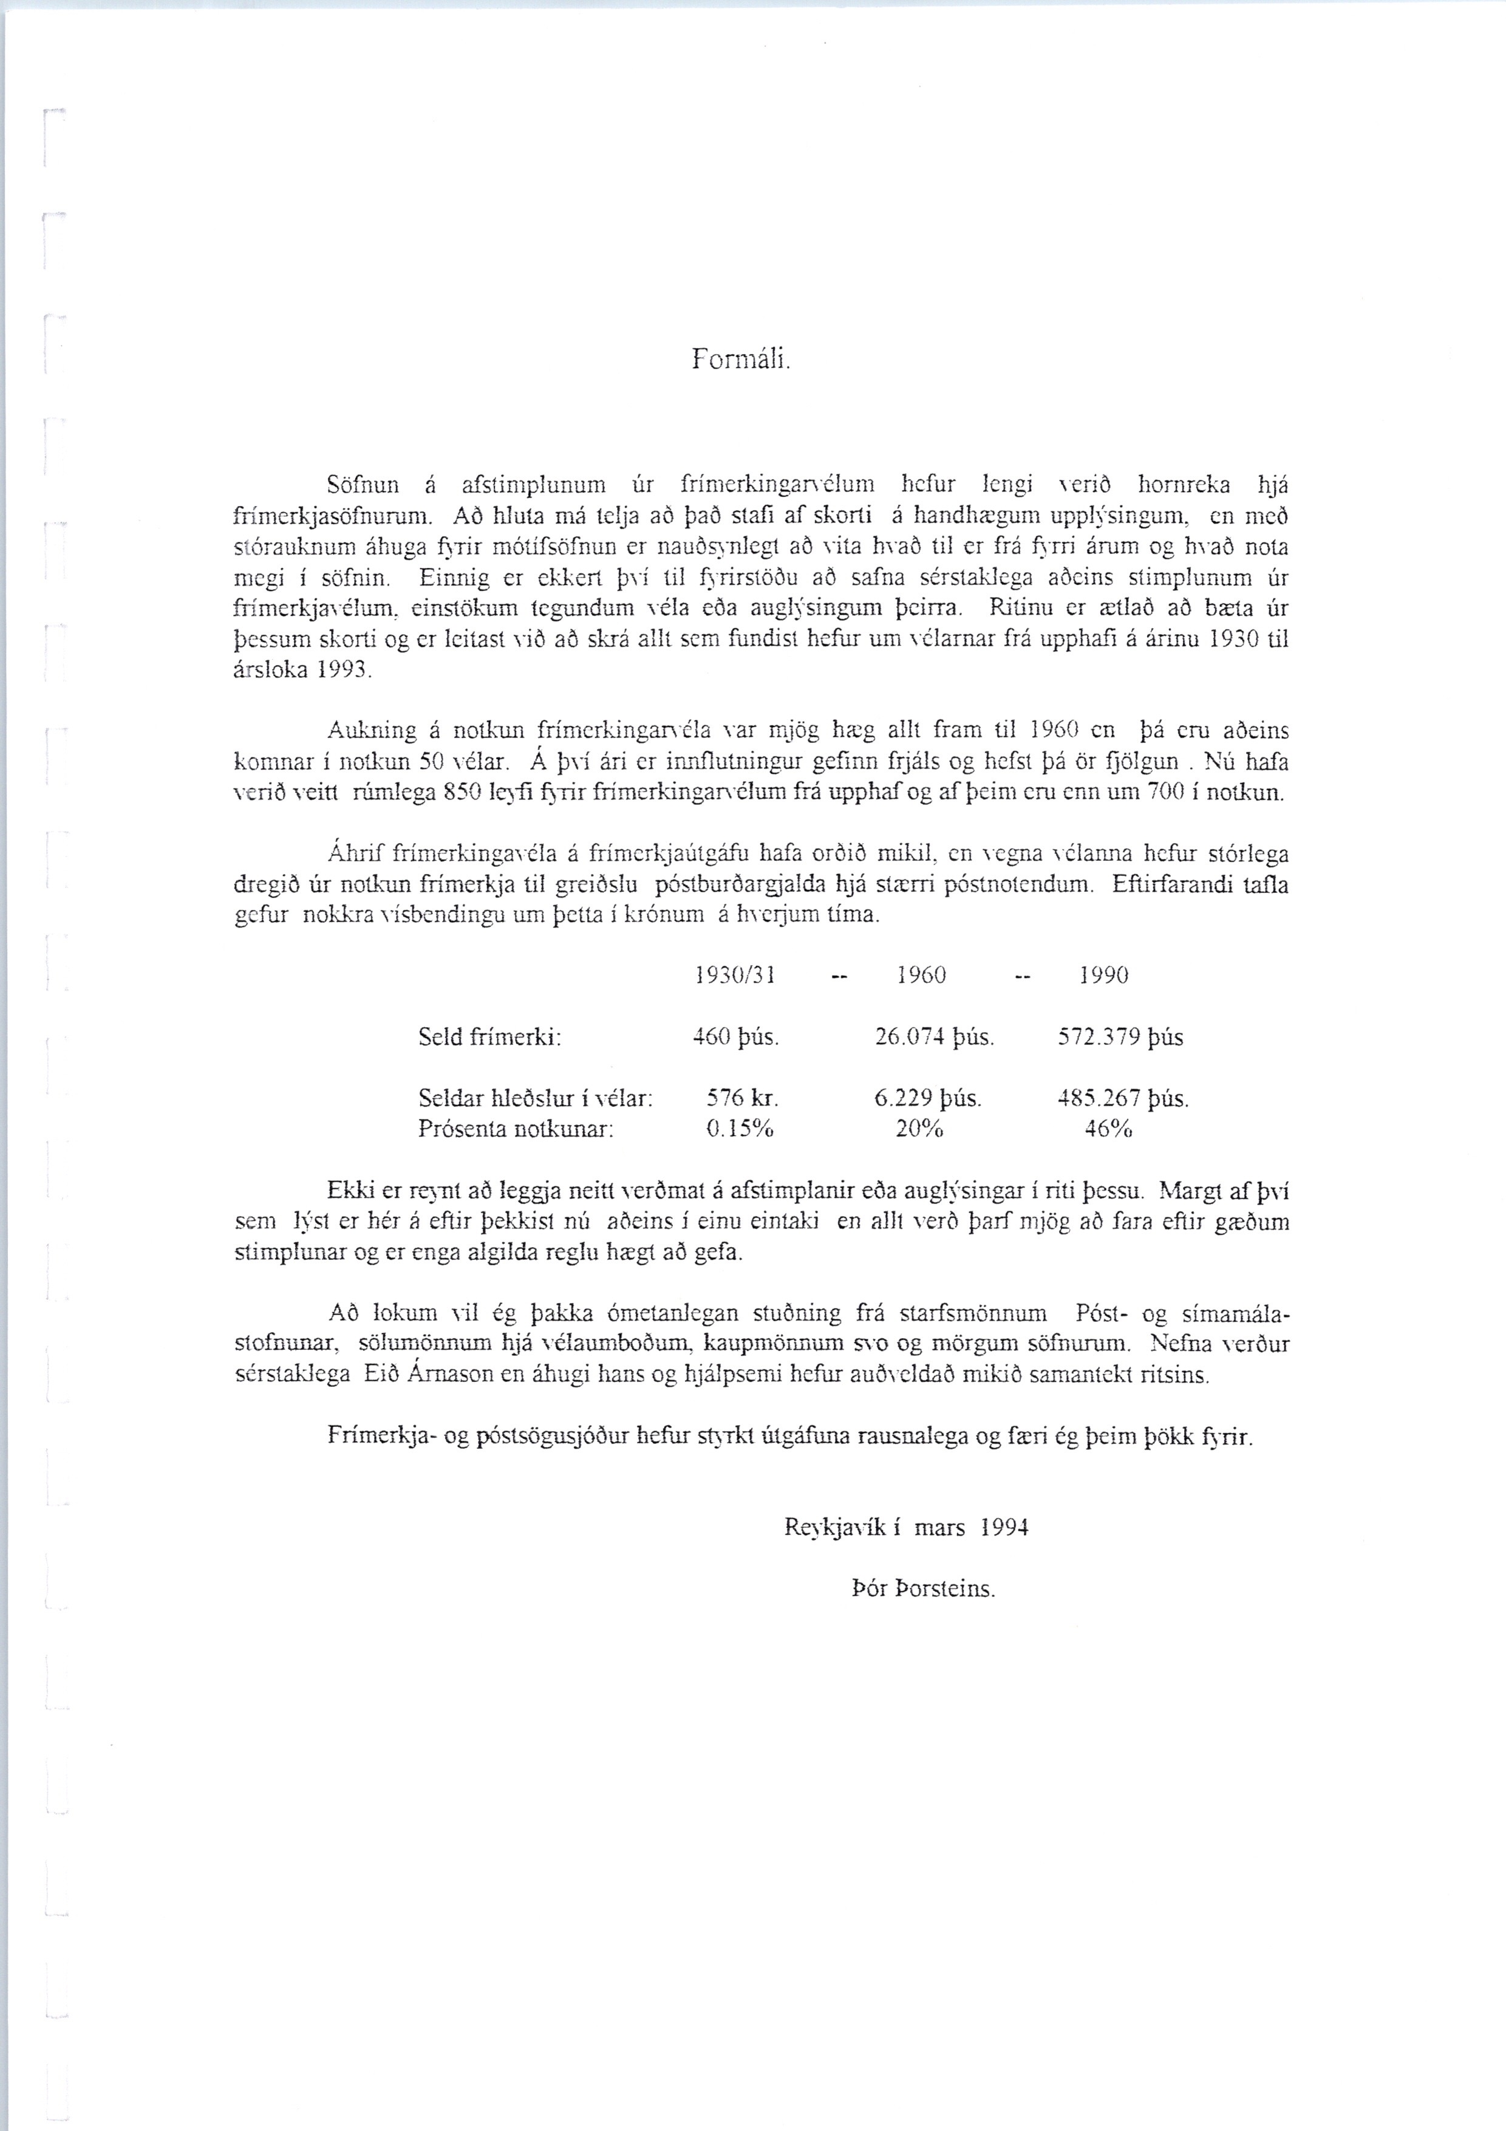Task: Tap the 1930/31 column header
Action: click(x=734, y=976)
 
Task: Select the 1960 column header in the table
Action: click(x=921, y=976)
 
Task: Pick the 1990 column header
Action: click(x=1103, y=976)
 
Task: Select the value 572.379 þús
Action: click(x=1120, y=1038)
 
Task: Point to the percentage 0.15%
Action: click(x=740, y=1130)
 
